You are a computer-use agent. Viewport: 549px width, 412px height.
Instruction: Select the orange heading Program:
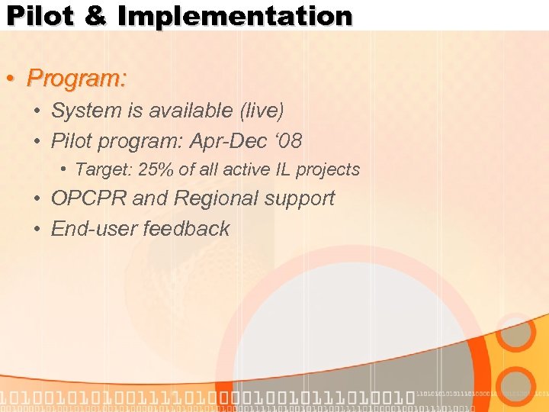tap(76, 78)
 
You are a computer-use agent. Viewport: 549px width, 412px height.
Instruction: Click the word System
tap(86, 111)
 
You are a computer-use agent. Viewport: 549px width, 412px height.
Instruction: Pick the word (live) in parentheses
tap(262, 111)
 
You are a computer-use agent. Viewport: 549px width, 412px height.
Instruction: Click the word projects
tap(328, 170)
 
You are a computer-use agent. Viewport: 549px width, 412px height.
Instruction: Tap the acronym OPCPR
tap(88, 198)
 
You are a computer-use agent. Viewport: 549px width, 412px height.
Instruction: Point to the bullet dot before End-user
tap(37, 230)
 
